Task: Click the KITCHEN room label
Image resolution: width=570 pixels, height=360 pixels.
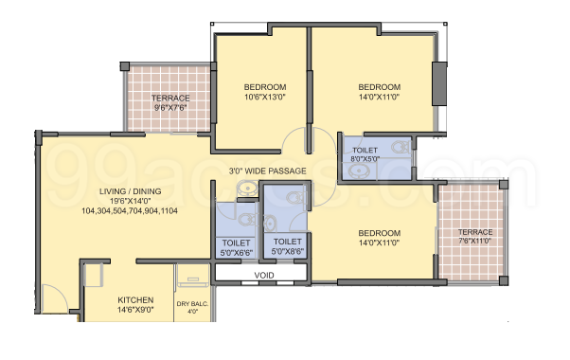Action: [x=135, y=300]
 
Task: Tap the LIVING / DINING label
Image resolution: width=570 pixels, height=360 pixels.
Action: [x=130, y=191]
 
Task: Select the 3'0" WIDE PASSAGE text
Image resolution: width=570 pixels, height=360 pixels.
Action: [x=268, y=171]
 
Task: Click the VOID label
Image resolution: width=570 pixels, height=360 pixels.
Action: [x=264, y=276]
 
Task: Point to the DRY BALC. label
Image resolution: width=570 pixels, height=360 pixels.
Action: [x=192, y=304]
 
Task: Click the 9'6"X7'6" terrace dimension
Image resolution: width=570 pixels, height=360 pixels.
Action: [x=170, y=108]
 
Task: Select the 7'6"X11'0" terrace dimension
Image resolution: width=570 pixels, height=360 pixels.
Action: [x=474, y=241]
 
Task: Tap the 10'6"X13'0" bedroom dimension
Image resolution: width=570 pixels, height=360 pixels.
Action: [x=265, y=97]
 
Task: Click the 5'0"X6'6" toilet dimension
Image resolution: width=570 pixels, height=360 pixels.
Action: [x=237, y=252]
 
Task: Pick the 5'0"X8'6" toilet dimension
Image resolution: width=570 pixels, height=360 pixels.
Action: [x=288, y=251]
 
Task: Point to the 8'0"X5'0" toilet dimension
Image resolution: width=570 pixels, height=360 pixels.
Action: [x=365, y=159]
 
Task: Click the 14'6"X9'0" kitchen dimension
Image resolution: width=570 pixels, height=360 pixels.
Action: [x=135, y=310]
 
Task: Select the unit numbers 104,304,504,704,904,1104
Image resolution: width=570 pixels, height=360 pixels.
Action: [x=130, y=211]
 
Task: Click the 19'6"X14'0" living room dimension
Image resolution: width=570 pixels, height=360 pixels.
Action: [x=130, y=201]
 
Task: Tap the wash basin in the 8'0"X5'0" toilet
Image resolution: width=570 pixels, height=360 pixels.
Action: [x=357, y=171]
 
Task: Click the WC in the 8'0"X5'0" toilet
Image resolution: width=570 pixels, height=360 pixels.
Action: [x=401, y=147]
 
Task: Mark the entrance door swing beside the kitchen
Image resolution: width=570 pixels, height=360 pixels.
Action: [x=55, y=297]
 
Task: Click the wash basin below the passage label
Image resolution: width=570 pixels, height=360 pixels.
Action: [x=247, y=189]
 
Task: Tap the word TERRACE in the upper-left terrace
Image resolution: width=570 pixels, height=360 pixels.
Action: [x=170, y=99]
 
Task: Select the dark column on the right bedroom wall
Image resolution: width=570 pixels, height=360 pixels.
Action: [x=439, y=84]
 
